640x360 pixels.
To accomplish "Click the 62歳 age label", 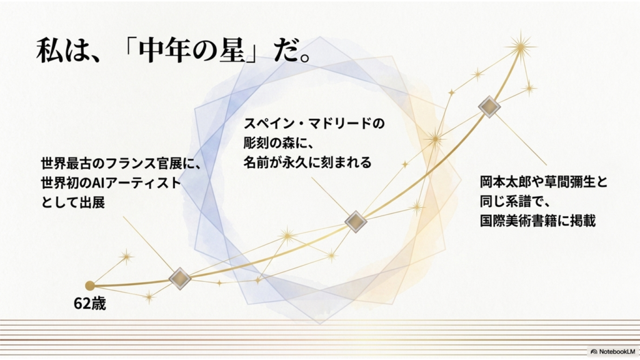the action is coord(90,303).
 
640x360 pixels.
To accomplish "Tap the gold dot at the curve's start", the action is coord(90,285).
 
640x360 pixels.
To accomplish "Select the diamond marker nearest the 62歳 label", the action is coord(180,279).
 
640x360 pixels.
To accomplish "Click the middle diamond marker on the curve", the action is coord(356,222).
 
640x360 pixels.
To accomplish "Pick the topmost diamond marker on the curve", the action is coord(489,107).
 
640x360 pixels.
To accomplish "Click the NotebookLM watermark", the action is coord(612,351).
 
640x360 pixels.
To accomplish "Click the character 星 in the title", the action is coord(231,51).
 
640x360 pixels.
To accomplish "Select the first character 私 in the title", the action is coord(49,51).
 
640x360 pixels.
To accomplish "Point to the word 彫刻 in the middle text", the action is coord(257,143).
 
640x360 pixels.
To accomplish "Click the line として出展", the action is coord(73,202).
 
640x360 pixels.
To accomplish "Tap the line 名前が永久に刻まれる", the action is coord(307,162).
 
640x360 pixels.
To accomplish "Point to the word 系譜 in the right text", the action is coord(518,201).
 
